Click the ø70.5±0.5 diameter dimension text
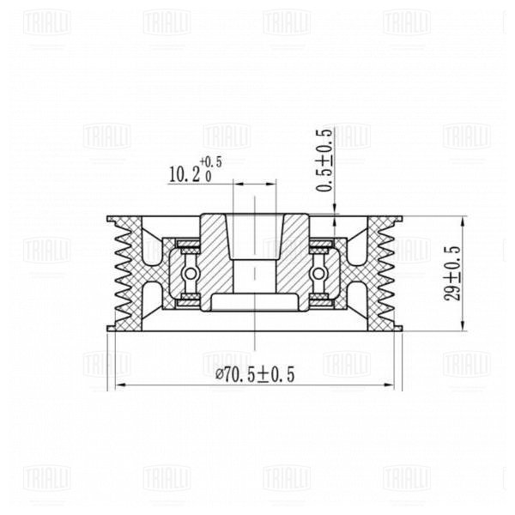click(255, 375)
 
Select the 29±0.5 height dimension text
click(452, 274)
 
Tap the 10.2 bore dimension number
click(185, 174)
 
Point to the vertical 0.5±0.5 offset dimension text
click(324, 160)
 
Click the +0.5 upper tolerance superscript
click(211, 162)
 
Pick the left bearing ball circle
click(191, 273)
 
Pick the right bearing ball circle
click(318, 273)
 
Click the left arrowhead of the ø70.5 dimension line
click(121, 385)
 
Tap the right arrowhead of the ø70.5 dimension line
click(389, 385)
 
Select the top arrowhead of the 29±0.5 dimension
click(463, 221)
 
